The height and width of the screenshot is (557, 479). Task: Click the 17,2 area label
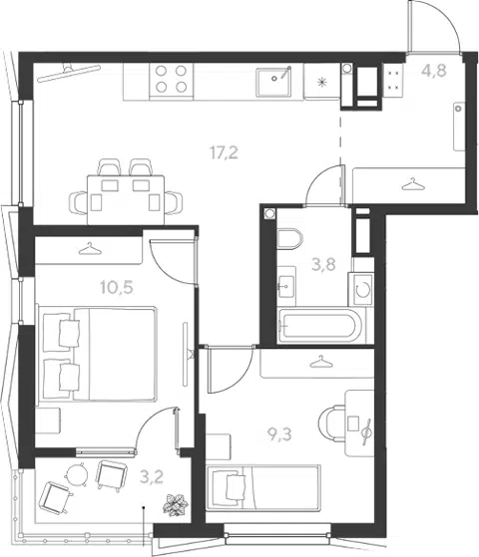(224, 152)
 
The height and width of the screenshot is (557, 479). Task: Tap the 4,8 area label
(434, 71)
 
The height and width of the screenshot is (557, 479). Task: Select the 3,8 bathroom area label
(323, 265)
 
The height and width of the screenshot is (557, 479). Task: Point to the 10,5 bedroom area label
(117, 287)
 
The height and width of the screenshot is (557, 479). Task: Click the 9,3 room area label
(279, 434)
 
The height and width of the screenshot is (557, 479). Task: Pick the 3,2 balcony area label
(152, 476)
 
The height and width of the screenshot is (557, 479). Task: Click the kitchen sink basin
(273, 83)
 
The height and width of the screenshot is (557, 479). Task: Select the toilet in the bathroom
(289, 239)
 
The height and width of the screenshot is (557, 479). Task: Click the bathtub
(320, 326)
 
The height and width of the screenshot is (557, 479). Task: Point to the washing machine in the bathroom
(361, 289)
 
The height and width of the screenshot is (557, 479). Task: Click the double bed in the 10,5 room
(97, 354)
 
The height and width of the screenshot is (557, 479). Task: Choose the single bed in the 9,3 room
(263, 487)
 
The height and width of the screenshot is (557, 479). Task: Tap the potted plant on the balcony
(175, 504)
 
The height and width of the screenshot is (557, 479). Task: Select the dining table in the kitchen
(126, 199)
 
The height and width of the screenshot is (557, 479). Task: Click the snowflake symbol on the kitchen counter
(322, 83)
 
